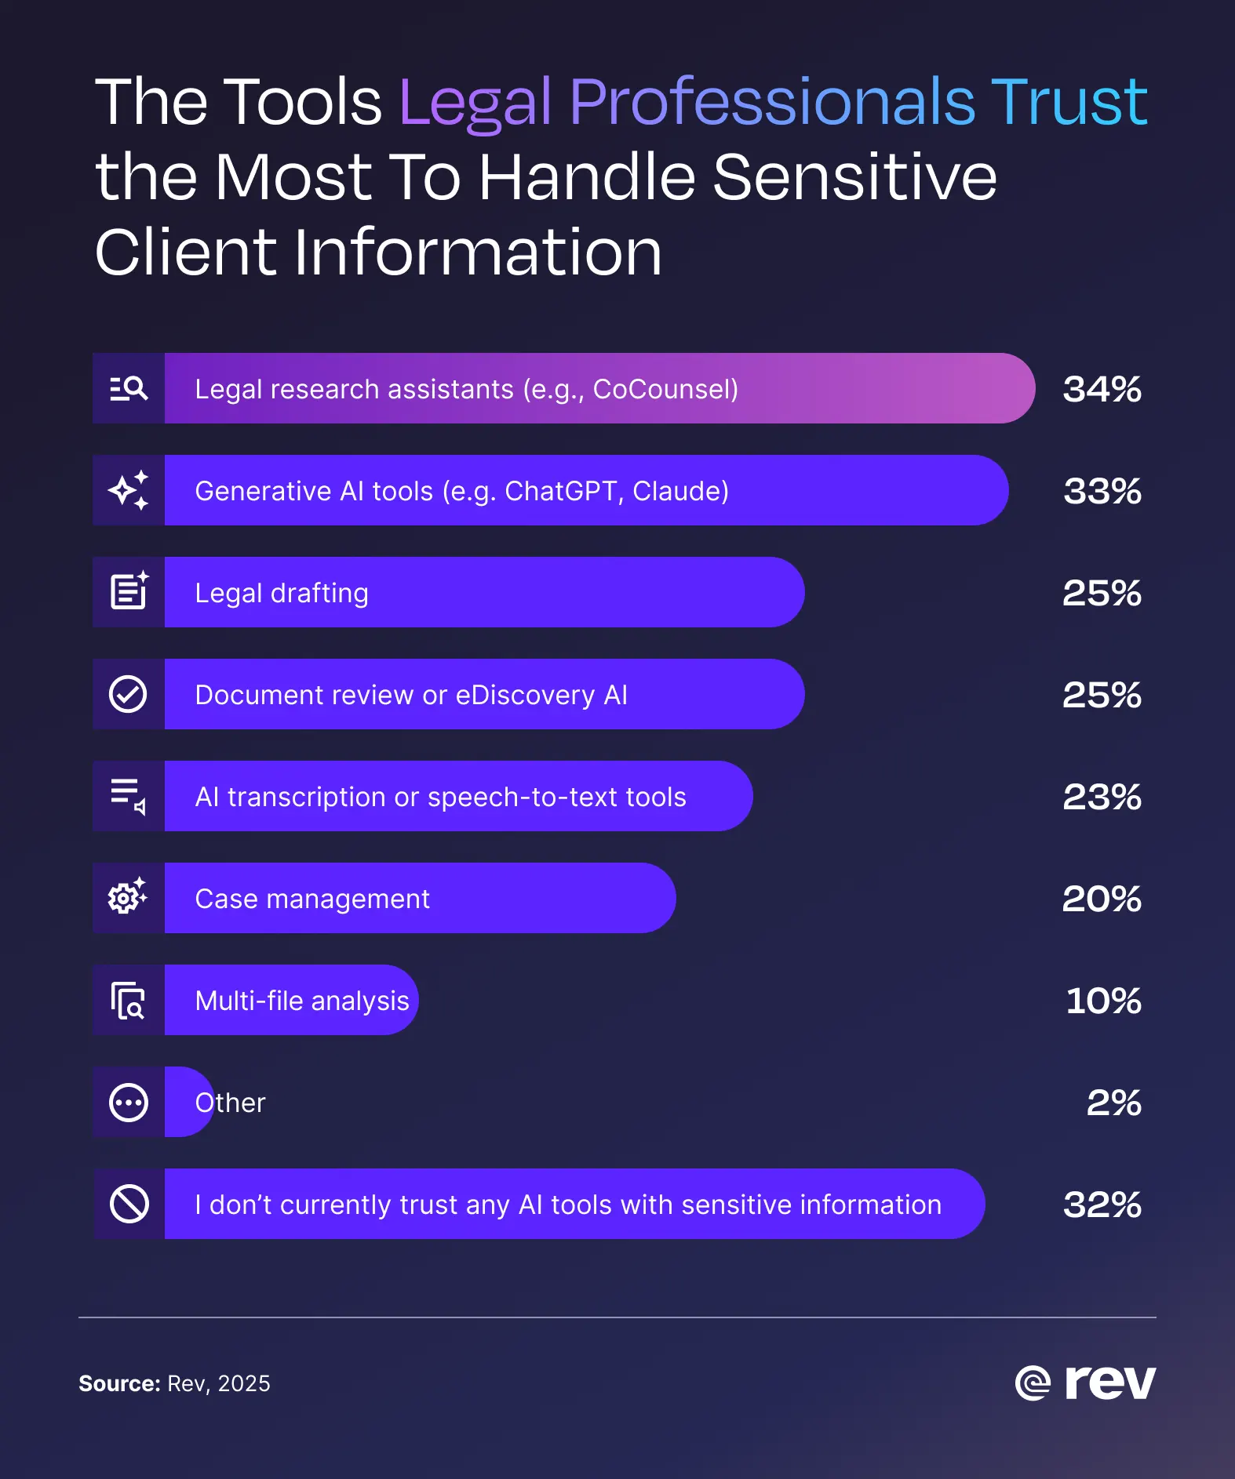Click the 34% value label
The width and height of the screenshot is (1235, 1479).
1102,389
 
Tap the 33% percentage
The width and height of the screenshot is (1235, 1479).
1102,491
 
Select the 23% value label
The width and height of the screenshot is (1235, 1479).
1102,797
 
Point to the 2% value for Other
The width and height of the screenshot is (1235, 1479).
1113,1103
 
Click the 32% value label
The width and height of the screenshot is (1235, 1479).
1102,1205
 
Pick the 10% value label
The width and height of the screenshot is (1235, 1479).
1103,1001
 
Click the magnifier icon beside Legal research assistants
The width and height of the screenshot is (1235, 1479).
129,388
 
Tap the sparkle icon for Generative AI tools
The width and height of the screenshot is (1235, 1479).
129,490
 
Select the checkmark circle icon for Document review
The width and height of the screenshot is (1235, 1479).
128,694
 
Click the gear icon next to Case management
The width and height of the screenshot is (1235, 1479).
127,896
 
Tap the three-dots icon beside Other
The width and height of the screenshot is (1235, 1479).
129,1103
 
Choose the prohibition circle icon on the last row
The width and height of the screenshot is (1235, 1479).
129,1204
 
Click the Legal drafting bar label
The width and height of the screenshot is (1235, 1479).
281,593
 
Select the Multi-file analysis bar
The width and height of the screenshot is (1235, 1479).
302,1001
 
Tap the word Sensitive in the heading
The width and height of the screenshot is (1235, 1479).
854,177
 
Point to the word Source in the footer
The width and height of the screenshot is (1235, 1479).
118,1383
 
